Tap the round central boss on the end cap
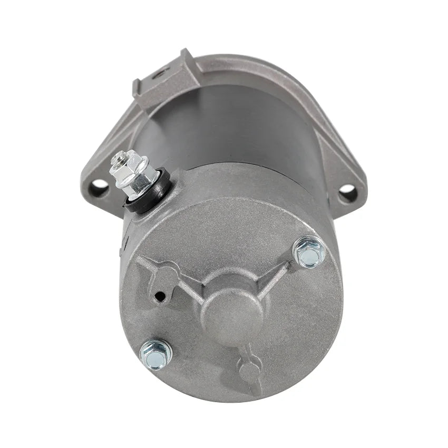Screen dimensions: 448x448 tap(233, 311)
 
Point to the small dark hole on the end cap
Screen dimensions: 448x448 tap(158, 297)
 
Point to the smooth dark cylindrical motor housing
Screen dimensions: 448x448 tap(232, 126)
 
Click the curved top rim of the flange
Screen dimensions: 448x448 tap(253, 66)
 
